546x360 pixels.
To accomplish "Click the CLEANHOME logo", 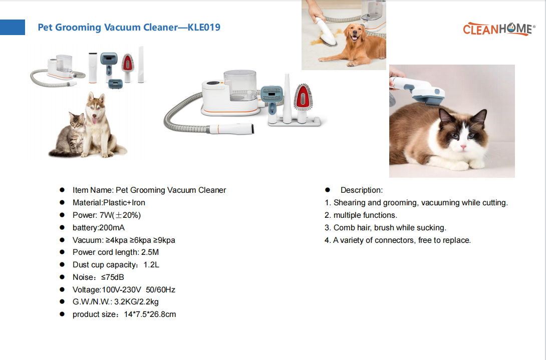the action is [498, 29].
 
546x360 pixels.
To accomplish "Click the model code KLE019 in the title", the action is [204, 27].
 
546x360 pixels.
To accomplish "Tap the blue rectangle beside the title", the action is [13, 27].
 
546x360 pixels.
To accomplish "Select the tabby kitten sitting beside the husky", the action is [70, 135].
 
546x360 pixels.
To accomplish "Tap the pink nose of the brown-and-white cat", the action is [463, 147].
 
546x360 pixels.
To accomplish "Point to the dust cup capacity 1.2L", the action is [151, 264].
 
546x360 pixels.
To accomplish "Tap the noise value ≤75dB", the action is [113, 277].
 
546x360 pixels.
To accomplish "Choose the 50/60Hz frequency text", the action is [160, 290].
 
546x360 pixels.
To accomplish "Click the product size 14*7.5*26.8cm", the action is [150, 314].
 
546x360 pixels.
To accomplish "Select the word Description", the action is [360, 190].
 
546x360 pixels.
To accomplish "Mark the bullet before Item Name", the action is [62, 190].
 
